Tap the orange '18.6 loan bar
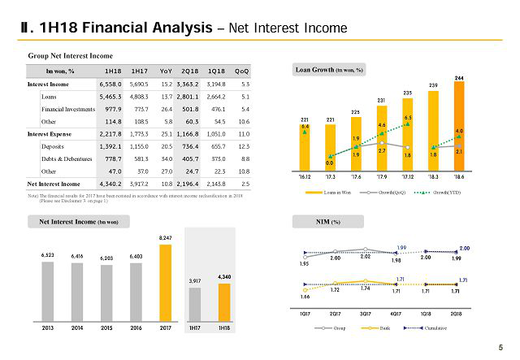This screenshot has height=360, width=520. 459,122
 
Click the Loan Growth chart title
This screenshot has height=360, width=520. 329,70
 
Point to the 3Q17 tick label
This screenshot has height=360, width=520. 366,313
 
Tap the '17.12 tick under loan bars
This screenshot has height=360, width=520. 407,175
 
